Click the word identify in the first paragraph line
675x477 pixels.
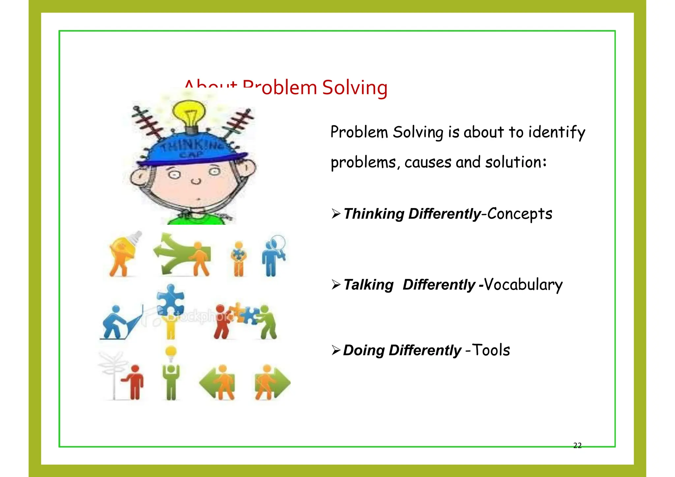point(557,133)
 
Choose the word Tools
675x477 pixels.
point(491,350)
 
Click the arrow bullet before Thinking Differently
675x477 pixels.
point(336,214)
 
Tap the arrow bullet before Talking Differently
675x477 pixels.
point(336,284)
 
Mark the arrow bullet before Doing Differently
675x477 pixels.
point(336,350)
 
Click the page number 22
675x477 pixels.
point(577,446)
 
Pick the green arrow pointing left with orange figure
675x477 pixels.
point(218,382)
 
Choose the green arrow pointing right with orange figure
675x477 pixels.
point(272,382)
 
